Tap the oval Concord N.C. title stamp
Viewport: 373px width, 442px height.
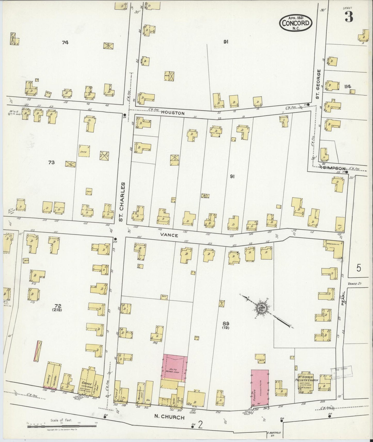pos(296,23)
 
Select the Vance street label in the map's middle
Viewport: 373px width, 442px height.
pos(169,235)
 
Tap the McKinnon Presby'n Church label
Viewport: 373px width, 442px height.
pos(306,380)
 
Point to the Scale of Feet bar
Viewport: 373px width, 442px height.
pos(62,426)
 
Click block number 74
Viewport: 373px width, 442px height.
pos(65,43)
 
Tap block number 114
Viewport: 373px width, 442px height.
pos(347,87)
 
